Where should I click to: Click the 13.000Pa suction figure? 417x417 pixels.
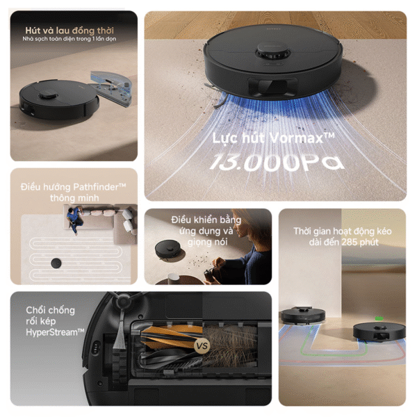tap(277, 162)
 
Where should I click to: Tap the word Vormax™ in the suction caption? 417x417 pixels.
tap(302, 138)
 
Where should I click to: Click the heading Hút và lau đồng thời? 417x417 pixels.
tap(69, 31)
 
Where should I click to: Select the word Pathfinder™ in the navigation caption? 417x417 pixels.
tap(99, 187)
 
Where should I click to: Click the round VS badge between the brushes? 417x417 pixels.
tap(202, 346)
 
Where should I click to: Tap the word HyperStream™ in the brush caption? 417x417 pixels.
tap(55, 332)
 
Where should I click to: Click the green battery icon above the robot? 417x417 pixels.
tap(379, 318)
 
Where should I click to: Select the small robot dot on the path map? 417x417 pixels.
tap(56, 263)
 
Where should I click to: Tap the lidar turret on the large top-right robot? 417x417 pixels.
tap(272, 52)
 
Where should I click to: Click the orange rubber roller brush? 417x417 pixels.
tap(171, 337)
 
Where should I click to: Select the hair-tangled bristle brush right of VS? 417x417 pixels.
tap(230, 345)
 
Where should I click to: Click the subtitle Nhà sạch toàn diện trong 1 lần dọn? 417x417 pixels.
tap(69, 39)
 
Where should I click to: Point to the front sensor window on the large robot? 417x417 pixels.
tap(272, 86)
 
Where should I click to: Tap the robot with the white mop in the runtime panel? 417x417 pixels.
tap(302, 316)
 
